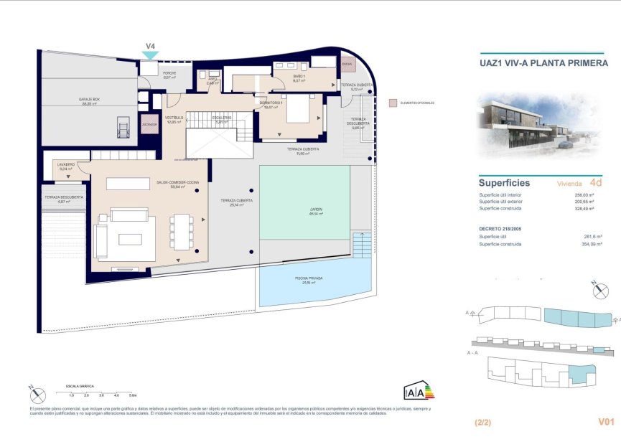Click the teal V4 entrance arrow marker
click(x=150, y=55)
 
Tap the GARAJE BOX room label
click(x=88, y=101)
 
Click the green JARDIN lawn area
click(x=304, y=203)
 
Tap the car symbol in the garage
click(x=122, y=129)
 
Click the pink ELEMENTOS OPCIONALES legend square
click(x=391, y=103)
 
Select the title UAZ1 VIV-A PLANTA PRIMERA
click(x=543, y=62)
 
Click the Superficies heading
click(x=504, y=182)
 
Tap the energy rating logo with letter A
click(x=414, y=392)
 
